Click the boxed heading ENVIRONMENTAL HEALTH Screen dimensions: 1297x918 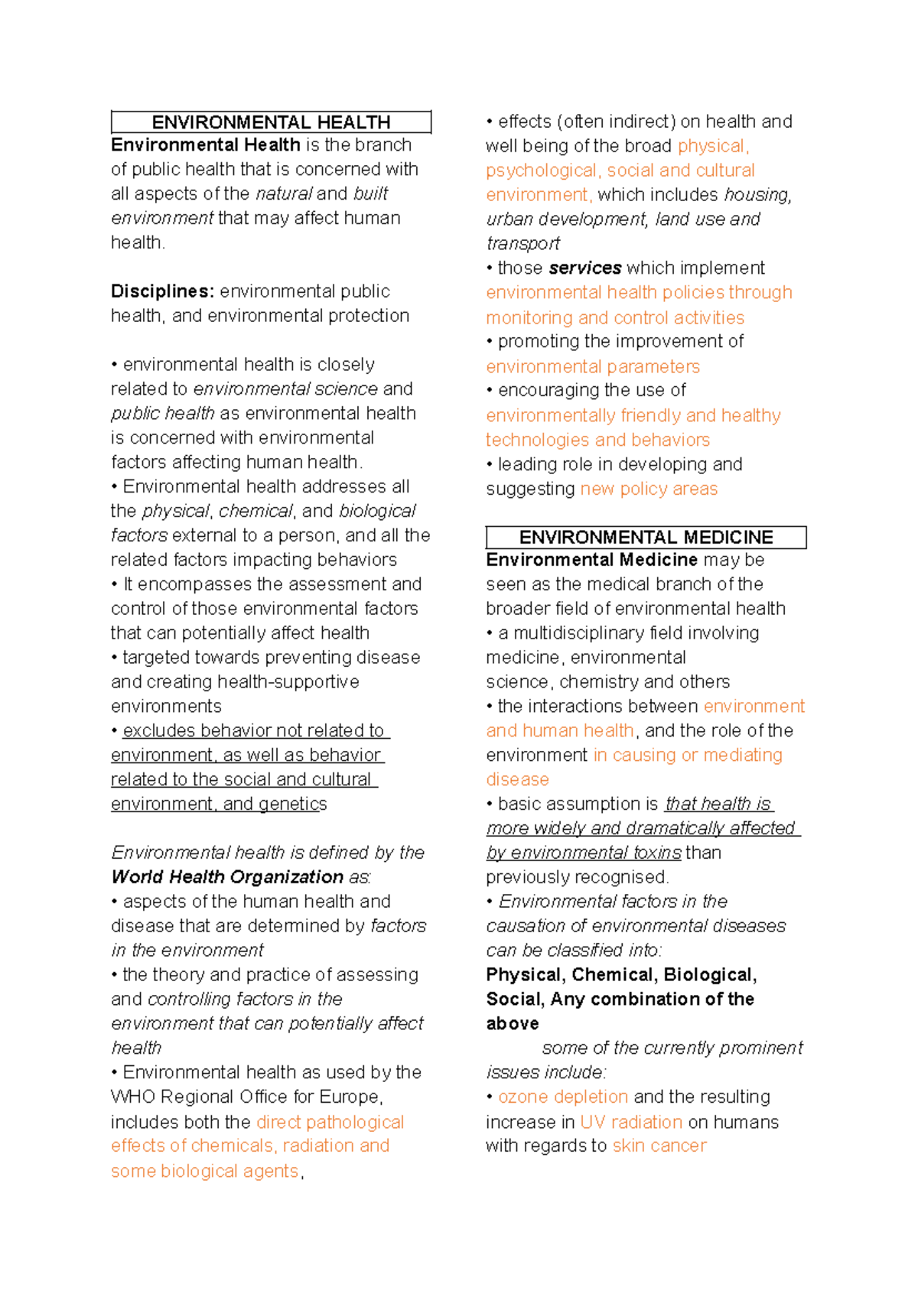click(x=271, y=122)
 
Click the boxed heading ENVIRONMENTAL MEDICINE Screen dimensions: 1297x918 click(x=646, y=537)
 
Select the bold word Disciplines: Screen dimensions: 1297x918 click(x=163, y=291)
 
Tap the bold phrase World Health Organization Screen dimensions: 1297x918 click(x=227, y=877)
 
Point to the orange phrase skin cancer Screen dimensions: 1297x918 click(x=659, y=1146)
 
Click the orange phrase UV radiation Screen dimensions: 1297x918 click(x=631, y=1122)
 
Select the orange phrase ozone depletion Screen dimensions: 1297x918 click(x=563, y=1097)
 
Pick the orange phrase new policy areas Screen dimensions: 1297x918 click(x=649, y=489)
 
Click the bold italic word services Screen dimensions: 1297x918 click(x=585, y=268)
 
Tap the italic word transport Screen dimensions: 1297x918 click(x=523, y=244)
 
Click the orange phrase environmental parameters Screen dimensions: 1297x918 click(x=593, y=366)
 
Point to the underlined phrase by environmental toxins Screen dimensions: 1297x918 click(x=584, y=853)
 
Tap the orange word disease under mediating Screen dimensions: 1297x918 click(x=517, y=779)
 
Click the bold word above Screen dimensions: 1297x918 click(x=513, y=1024)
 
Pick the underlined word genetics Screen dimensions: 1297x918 click(x=293, y=805)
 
